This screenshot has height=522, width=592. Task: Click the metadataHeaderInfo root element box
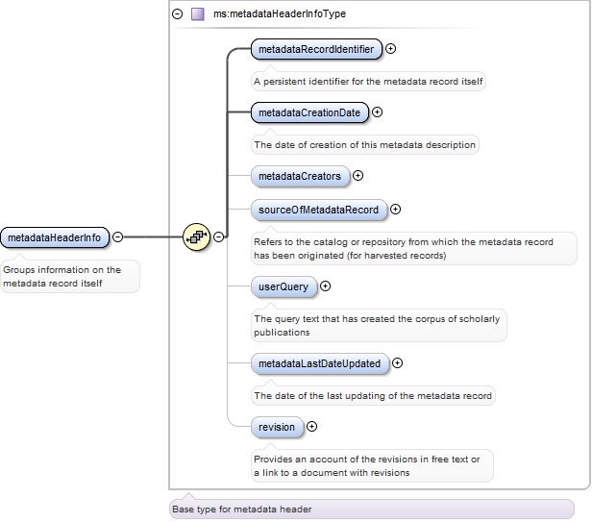coord(54,236)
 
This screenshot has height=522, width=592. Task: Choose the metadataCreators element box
coord(299,177)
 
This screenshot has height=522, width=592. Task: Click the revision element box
coord(277,426)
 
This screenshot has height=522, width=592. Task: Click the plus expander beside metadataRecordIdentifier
coord(391,48)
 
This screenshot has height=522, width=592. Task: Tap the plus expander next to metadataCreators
coord(358,176)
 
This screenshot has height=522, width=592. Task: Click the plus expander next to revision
coord(311,426)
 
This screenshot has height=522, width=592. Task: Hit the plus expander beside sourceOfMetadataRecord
coord(395,209)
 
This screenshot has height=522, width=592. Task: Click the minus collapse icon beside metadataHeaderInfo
coord(117,236)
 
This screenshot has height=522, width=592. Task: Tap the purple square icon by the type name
coord(198,14)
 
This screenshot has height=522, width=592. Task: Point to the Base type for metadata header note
coord(241,509)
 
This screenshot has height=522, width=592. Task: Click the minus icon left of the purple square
coord(177,14)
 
